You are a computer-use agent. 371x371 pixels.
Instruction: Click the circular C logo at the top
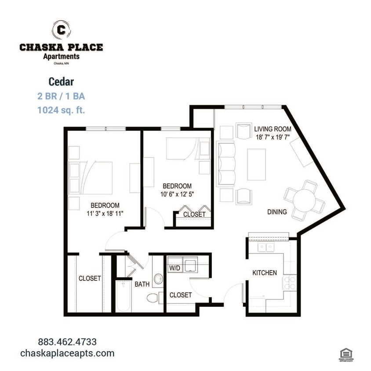(x=61, y=30)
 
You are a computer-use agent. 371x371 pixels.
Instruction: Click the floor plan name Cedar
(x=61, y=82)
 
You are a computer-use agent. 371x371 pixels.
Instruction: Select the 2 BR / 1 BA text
(x=61, y=96)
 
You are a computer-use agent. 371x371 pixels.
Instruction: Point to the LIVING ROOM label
(x=273, y=129)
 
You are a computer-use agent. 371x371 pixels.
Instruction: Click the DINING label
(x=277, y=212)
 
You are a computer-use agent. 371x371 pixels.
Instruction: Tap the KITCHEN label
(x=265, y=273)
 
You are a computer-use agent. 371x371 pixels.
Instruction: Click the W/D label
(x=174, y=267)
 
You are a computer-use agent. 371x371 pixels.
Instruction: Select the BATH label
(x=142, y=284)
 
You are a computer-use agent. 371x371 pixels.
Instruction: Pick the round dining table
(x=305, y=200)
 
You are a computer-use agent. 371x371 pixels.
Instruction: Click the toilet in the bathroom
(x=153, y=298)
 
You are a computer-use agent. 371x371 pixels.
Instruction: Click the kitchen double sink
(x=266, y=247)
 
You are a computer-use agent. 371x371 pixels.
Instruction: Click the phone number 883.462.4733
(x=67, y=342)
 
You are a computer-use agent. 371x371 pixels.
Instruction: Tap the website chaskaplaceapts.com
(x=67, y=353)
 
